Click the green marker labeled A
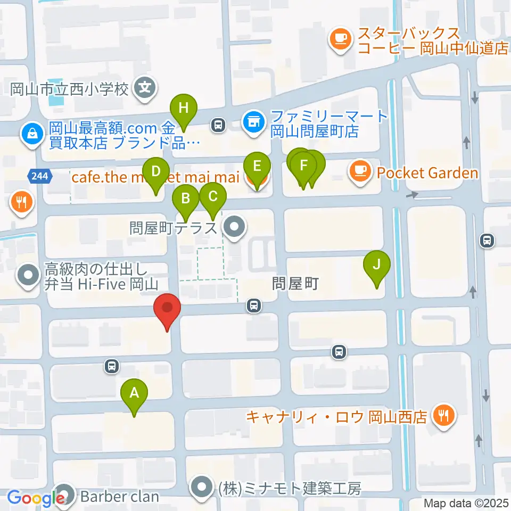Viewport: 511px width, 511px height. (135, 394)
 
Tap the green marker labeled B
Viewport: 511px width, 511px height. (186, 200)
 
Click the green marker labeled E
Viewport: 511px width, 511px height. (257, 167)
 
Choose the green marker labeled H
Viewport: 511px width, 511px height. (184, 109)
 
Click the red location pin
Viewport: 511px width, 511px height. (167, 308)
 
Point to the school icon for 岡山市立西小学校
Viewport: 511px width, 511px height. (145, 85)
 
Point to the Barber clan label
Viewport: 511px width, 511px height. (120, 497)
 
